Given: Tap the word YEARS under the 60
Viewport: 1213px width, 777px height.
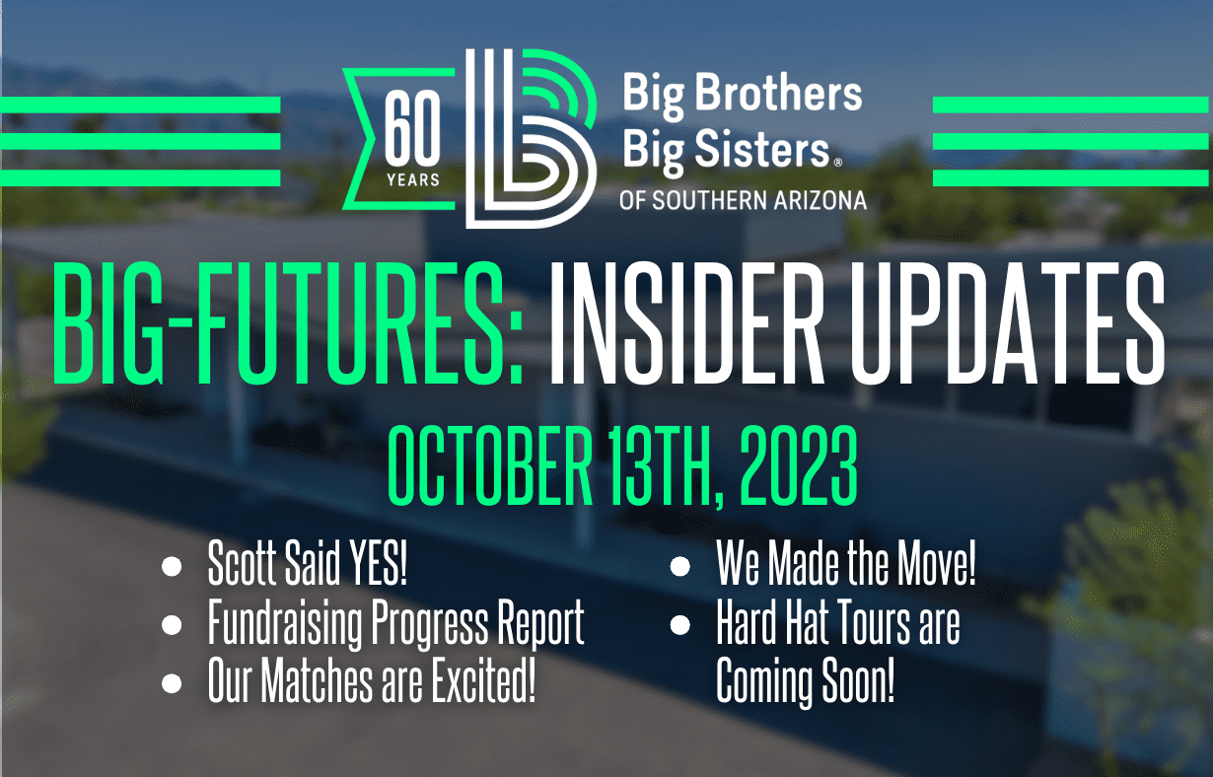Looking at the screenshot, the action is (413, 179).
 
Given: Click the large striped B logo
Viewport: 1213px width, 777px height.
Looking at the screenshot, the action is (531, 138).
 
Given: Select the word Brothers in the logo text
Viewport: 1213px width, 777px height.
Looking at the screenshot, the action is (778, 93).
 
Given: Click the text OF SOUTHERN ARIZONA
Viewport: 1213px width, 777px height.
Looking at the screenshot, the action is (743, 201).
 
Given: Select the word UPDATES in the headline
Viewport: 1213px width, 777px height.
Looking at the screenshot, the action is (1008, 322).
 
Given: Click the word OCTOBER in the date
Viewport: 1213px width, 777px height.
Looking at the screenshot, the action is (490, 465).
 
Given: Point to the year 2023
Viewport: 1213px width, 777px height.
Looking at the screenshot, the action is (798, 465).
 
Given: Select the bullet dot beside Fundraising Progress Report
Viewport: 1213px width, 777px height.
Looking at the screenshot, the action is (172, 625).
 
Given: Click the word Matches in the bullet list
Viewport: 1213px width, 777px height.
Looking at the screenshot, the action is (318, 680).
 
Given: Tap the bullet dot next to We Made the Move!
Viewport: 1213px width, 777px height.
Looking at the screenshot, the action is (680, 566).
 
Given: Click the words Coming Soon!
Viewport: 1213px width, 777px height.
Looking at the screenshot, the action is (806, 680).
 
